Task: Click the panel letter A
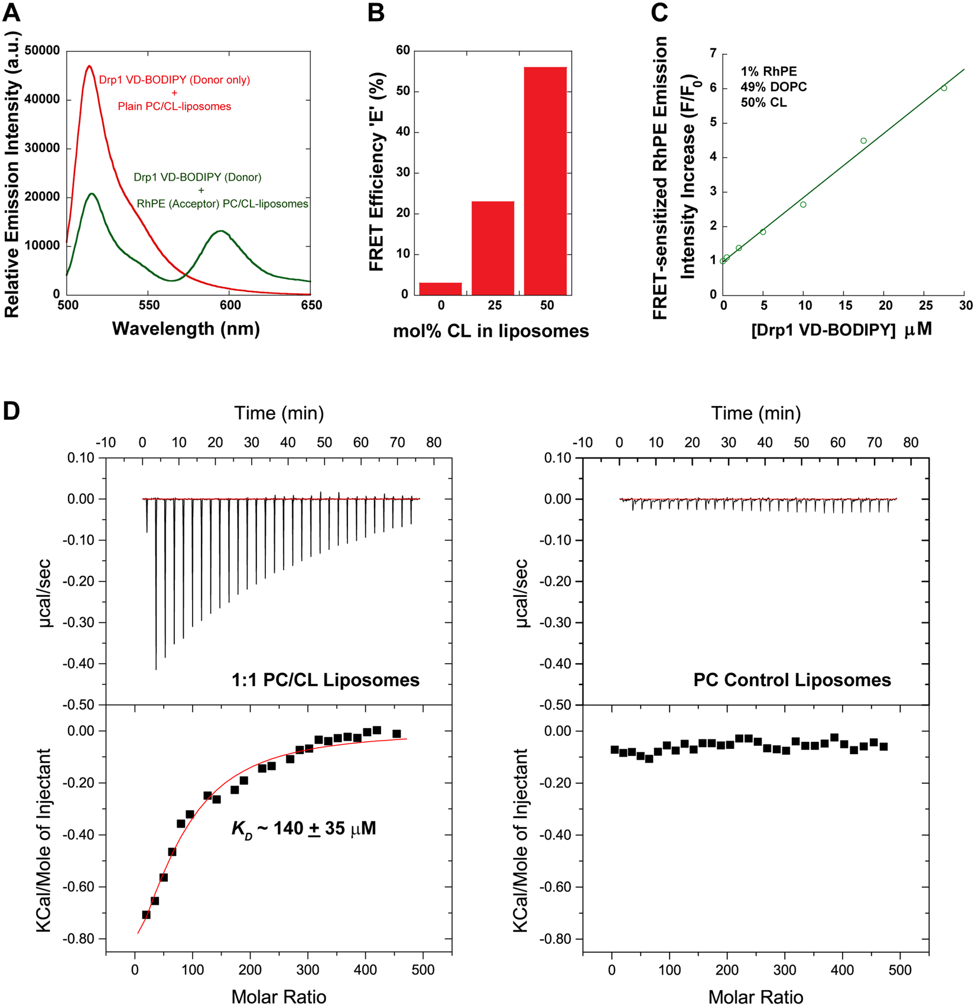click(x=11, y=12)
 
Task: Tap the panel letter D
click(x=11, y=411)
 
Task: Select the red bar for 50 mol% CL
click(x=545, y=180)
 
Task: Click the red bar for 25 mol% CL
click(x=493, y=248)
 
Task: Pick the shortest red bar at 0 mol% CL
click(x=441, y=288)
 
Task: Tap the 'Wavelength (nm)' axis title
click(x=186, y=329)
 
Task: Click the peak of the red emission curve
click(x=89, y=66)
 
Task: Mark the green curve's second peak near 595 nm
click(x=220, y=231)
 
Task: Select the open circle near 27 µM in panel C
click(x=944, y=88)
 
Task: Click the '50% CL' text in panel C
click(x=763, y=102)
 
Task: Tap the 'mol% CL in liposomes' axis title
click(x=491, y=331)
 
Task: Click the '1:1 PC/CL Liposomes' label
click(x=326, y=680)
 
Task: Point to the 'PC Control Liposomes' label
click(x=792, y=680)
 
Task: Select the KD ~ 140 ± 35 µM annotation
click(x=304, y=829)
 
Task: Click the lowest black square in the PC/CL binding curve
click(x=146, y=914)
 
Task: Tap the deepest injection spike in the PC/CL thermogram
click(x=156, y=668)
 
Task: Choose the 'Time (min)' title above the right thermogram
click(x=756, y=413)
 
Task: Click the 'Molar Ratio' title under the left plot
click(x=279, y=997)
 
